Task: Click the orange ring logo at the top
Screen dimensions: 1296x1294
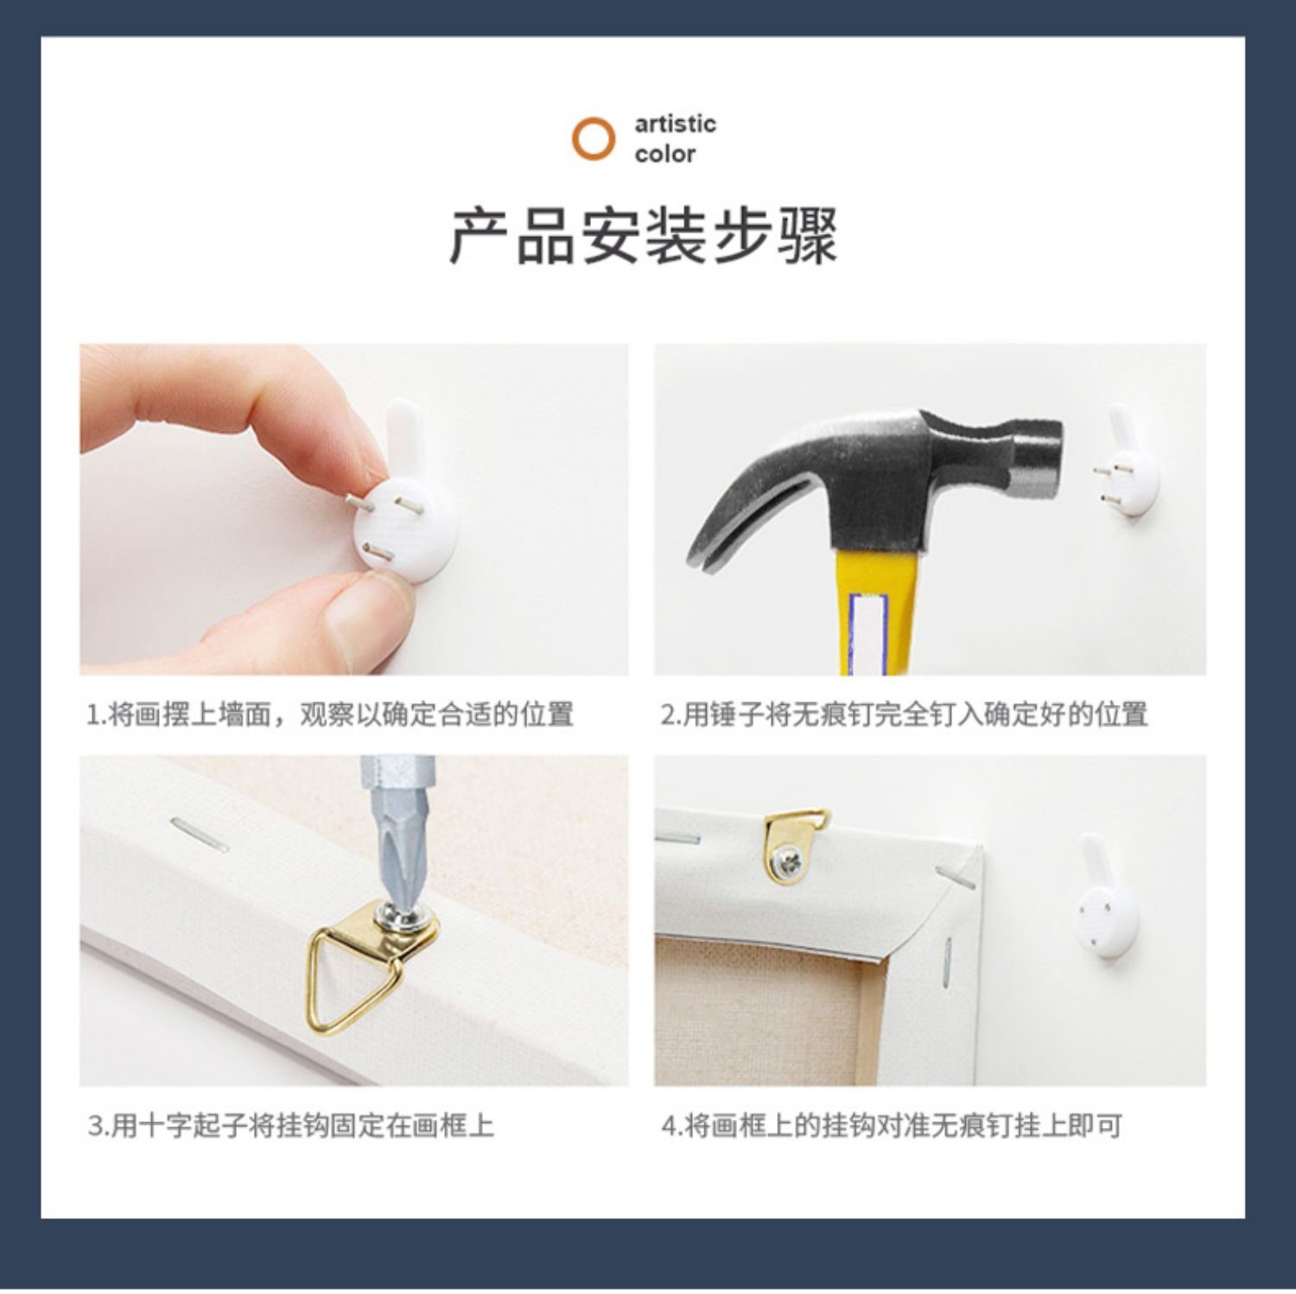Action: point(593,138)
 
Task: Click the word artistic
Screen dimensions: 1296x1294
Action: point(675,124)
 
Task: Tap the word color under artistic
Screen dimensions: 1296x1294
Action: point(664,154)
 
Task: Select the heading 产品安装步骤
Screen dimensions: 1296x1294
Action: point(644,235)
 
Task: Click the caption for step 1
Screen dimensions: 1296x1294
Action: point(330,714)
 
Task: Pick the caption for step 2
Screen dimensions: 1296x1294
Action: point(904,714)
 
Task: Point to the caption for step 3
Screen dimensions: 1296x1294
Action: point(290,1126)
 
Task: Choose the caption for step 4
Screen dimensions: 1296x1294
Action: point(891,1126)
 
